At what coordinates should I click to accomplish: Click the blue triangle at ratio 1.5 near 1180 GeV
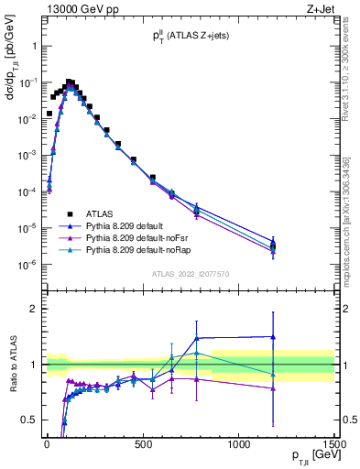(x=272, y=336)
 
